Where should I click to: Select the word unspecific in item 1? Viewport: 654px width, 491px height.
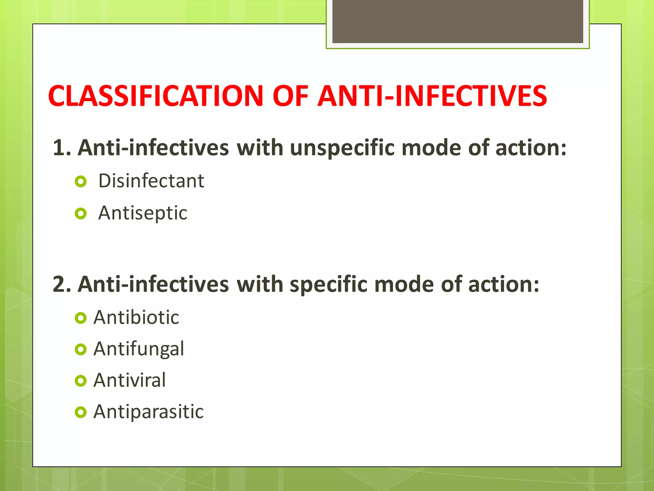[x=342, y=148]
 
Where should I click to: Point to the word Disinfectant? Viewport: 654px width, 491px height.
[x=151, y=181]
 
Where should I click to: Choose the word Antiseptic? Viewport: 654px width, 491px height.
[x=142, y=213]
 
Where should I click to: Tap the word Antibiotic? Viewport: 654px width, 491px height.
[x=136, y=317]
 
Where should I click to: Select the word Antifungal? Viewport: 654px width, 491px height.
[x=139, y=349]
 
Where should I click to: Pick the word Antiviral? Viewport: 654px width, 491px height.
[x=130, y=380]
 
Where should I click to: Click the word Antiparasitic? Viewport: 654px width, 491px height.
[x=148, y=411]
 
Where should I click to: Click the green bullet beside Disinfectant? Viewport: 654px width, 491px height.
[x=81, y=182]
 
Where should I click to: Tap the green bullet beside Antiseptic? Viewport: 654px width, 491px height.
[x=81, y=214]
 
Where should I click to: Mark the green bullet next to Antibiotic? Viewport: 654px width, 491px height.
[x=81, y=318]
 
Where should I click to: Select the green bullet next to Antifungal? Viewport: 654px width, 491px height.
[x=81, y=349]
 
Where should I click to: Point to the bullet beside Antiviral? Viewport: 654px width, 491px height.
[x=81, y=381]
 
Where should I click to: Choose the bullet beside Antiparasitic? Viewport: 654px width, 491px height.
[x=81, y=412]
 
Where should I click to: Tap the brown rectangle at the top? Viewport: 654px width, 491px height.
[x=458, y=21]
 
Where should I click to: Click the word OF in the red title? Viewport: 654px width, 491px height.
[x=290, y=96]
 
